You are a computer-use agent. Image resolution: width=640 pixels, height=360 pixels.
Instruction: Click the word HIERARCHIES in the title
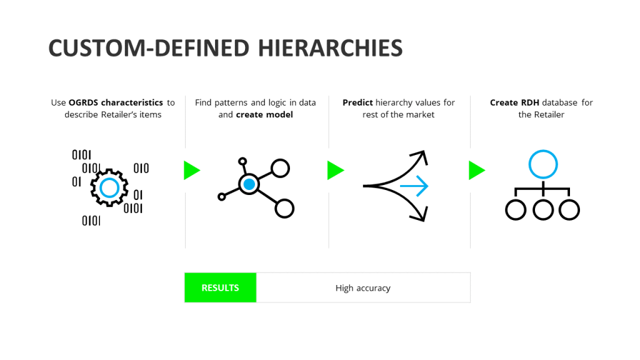[330, 48]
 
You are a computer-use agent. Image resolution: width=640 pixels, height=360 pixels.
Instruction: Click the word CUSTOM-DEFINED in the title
[149, 48]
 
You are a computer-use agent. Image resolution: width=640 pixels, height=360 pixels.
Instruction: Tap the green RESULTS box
[221, 287]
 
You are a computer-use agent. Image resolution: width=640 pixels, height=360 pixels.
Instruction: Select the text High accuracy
[363, 288]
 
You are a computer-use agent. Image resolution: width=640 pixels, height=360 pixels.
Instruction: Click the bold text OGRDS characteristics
[116, 102]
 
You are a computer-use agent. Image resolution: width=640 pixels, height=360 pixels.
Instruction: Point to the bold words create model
[264, 115]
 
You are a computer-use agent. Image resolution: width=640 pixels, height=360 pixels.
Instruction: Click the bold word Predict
[357, 102]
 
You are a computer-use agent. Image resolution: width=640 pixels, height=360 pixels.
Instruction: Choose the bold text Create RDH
[514, 102]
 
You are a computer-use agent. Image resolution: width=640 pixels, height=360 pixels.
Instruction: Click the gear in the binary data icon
[109, 188]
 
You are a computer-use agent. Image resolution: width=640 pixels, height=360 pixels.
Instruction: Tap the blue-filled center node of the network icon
[249, 184]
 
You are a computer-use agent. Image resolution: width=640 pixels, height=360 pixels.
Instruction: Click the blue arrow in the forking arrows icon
[414, 186]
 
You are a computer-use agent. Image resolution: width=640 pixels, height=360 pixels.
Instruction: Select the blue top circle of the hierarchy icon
[543, 164]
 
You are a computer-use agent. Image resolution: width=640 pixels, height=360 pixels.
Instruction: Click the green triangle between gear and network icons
[191, 170]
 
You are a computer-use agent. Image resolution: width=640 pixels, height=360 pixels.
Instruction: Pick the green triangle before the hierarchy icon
[476, 170]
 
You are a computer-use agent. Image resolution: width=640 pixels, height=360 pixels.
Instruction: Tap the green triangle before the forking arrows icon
[335, 170]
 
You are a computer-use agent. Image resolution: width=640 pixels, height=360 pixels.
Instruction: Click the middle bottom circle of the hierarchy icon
[543, 210]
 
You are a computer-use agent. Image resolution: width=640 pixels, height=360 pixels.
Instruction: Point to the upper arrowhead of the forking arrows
[420, 157]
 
